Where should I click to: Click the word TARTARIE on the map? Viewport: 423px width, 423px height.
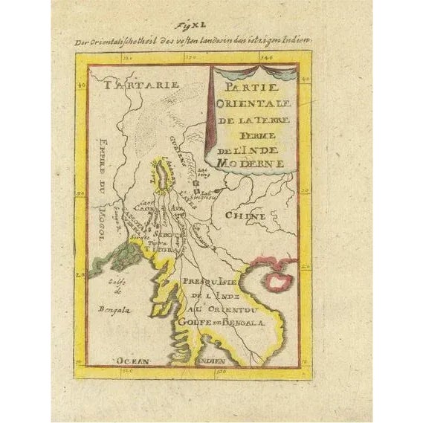(x=132, y=85)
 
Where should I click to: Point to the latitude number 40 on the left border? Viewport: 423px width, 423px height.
(x=81, y=86)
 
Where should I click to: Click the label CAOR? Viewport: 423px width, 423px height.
(x=143, y=210)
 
